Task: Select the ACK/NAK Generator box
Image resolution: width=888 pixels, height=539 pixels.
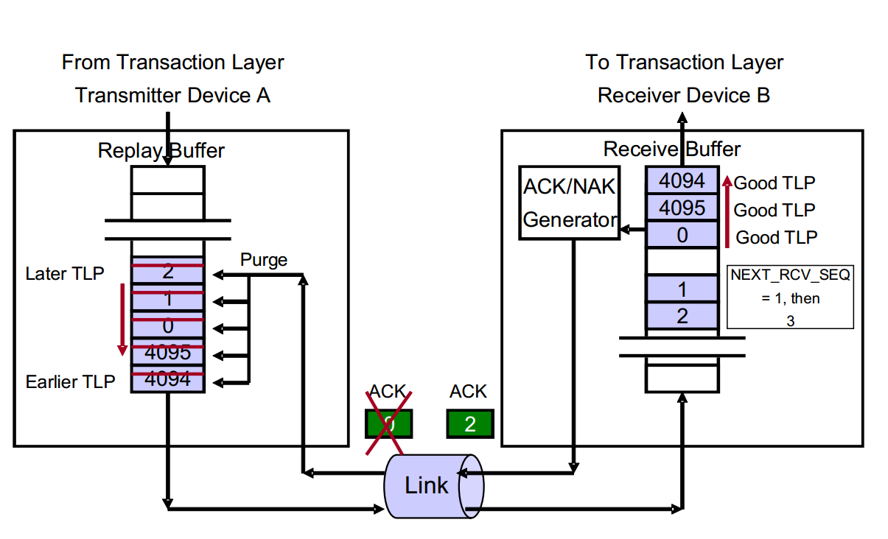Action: click(x=569, y=202)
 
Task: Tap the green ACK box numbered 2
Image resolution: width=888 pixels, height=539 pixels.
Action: click(x=469, y=424)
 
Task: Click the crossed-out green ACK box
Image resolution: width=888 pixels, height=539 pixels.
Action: click(x=389, y=424)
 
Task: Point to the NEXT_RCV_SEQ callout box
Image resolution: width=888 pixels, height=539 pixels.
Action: click(x=790, y=297)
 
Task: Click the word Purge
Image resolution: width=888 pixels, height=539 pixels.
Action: click(x=264, y=260)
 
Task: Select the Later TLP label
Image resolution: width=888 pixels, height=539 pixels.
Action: click(x=65, y=274)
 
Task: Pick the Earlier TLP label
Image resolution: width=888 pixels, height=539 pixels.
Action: click(x=70, y=381)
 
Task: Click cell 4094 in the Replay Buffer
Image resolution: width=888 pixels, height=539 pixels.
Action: click(x=167, y=380)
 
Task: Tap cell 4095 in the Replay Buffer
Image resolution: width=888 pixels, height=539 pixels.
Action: click(x=167, y=353)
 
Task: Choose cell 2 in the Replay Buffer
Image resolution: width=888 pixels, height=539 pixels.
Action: click(x=167, y=271)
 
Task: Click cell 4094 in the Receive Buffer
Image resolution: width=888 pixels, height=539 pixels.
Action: click(x=682, y=180)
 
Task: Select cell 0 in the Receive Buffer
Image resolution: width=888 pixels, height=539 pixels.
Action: click(x=682, y=235)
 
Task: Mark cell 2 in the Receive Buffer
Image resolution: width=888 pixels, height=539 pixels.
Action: click(x=682, y=316)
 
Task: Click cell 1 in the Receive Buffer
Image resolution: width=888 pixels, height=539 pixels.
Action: click(x=682, y=289)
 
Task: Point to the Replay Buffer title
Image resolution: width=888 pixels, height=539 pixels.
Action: click(x=161, y=151)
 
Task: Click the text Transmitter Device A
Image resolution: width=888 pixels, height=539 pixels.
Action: click(x=172, y=95)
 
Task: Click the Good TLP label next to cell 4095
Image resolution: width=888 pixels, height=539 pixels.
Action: click(x=775, y=210)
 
